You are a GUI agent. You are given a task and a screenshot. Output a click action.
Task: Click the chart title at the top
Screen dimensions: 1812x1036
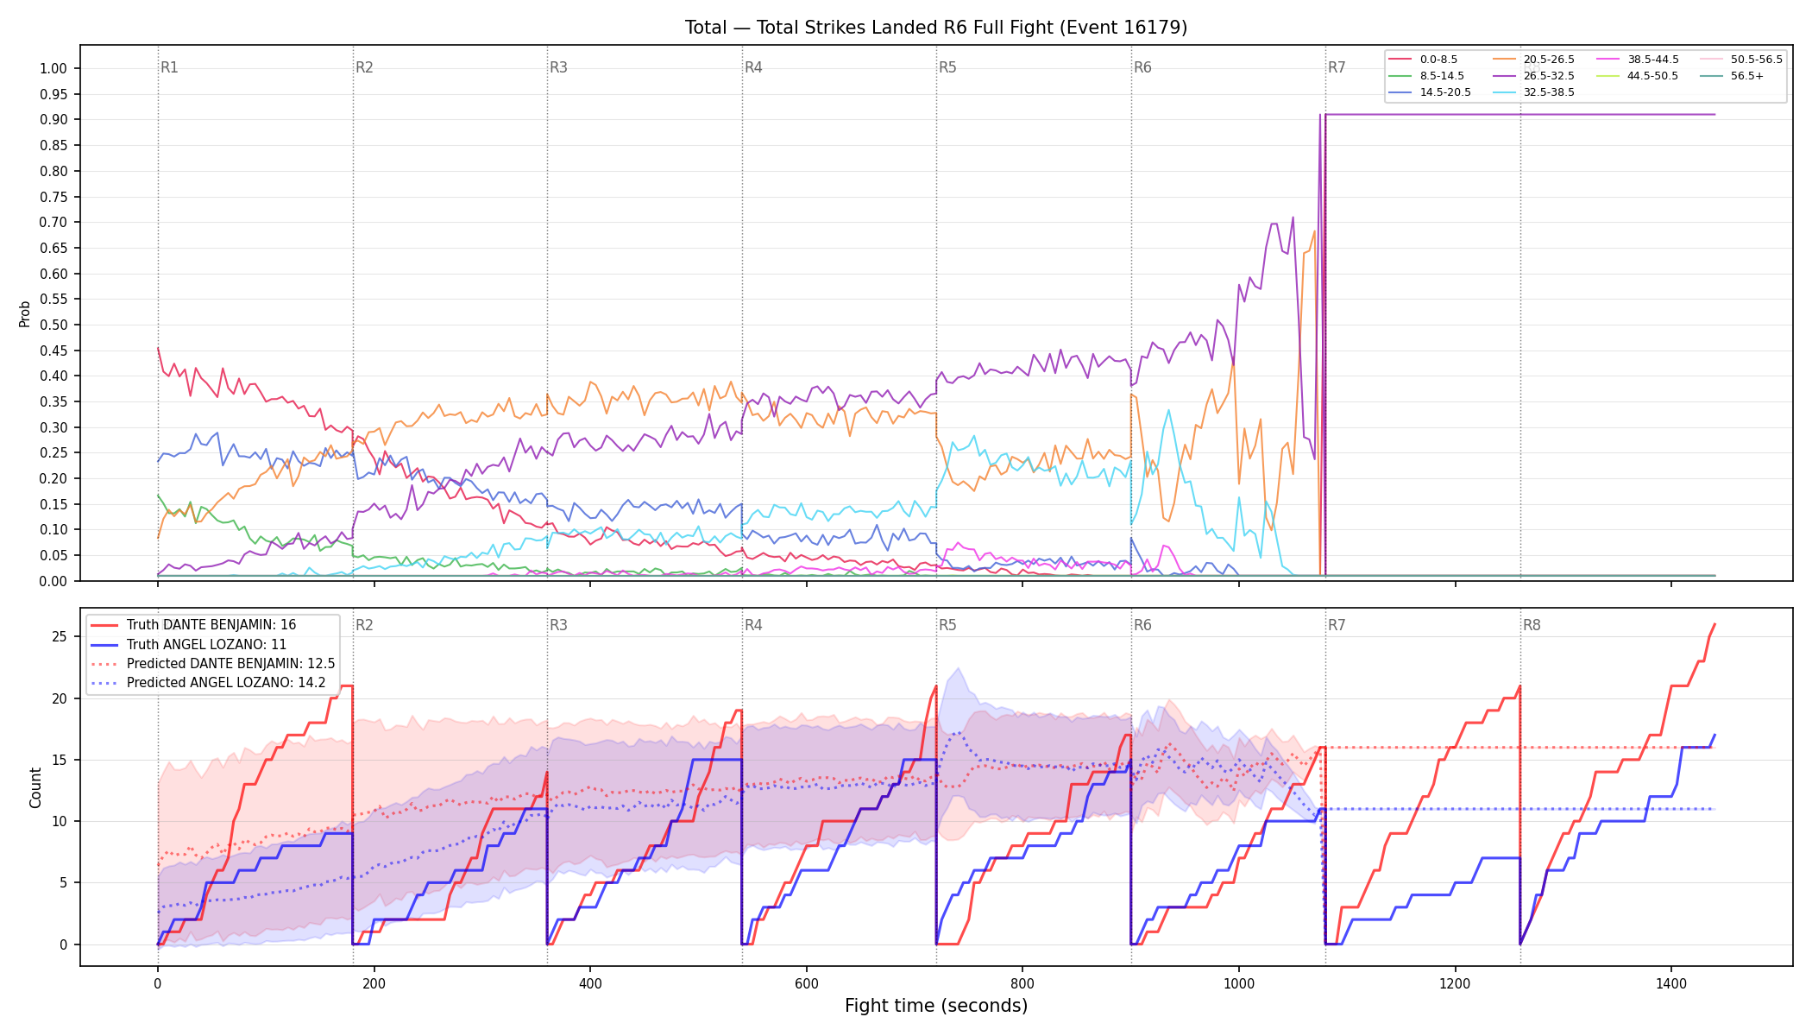coord(936,28)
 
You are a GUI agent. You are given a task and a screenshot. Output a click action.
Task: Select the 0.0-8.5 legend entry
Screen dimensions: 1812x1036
coord(1423,60)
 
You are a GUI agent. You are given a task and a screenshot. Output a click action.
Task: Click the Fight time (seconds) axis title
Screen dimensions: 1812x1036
coord(936,1006)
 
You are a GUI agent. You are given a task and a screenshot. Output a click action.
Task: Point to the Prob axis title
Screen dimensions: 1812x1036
coord(25,313)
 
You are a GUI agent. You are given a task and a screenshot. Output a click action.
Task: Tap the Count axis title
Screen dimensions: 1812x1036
coord(35,787)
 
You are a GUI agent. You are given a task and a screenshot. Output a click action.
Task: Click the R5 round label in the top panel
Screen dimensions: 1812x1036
coord(947,67)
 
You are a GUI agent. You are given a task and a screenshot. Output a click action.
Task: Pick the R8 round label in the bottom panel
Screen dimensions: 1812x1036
coord(1532,625)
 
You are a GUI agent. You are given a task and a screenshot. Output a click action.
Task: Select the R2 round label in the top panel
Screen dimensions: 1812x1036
coord(364,67)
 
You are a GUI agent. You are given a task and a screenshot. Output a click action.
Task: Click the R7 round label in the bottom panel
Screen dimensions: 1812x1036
coord(1337,625)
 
